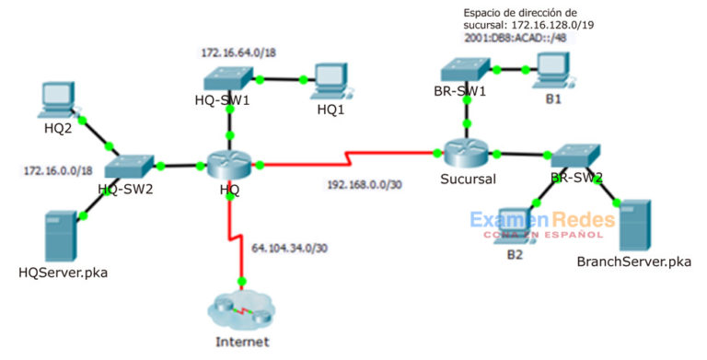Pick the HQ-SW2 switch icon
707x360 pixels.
(x=126, y=166)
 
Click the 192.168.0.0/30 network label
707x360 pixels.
(x=366, y=183)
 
